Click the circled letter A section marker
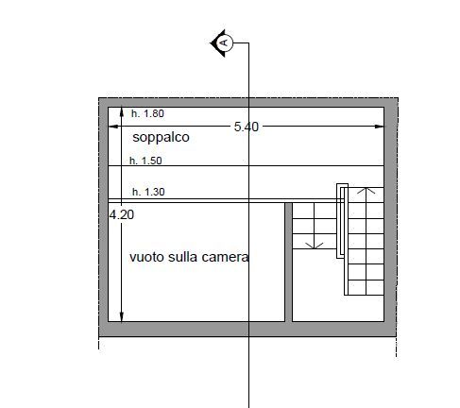225,42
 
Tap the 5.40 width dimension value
247,127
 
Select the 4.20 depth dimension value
122,214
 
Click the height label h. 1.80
147,113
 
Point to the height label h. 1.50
145,161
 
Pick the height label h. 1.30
148,192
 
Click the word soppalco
161,137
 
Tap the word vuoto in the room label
146,257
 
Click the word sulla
183,257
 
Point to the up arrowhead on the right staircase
366,191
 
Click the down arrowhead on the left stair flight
315,246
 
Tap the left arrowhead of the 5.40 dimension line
113,127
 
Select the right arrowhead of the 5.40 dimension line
379,127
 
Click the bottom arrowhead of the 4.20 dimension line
122,316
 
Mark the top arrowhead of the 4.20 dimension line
122,112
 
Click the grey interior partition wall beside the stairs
288,262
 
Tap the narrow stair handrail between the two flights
342,221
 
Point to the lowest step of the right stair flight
366,288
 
